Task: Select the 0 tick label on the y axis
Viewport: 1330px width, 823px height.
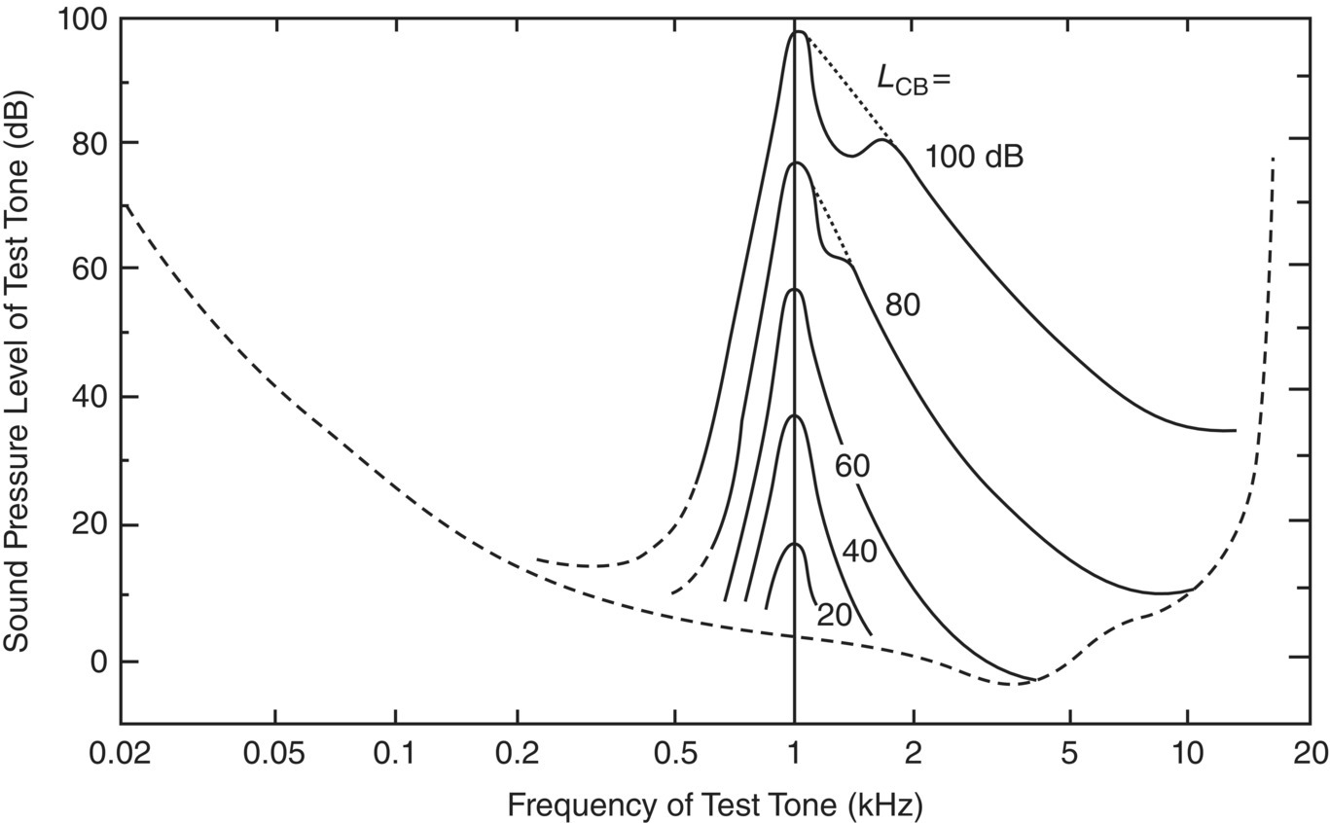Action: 99,662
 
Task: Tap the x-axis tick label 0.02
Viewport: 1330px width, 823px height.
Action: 121,754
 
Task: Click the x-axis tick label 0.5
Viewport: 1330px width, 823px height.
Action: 675,754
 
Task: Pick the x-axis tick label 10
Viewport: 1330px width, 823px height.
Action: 1186,754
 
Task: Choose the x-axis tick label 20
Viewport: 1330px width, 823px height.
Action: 1308,754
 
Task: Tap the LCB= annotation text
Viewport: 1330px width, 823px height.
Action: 913,80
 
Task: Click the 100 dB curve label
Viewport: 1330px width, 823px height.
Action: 974,157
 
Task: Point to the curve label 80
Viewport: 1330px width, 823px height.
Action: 902,305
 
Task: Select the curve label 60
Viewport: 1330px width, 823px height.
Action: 852,467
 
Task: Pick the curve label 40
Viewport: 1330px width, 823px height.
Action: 859,553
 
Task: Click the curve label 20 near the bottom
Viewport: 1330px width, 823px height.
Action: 834,615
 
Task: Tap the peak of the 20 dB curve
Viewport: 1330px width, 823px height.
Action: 795,544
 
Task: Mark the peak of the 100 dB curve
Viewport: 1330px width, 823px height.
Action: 798,32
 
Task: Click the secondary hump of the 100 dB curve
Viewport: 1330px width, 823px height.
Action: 882,140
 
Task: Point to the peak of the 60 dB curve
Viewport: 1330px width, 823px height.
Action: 795,289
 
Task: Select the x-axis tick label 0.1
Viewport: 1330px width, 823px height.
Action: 396,754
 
